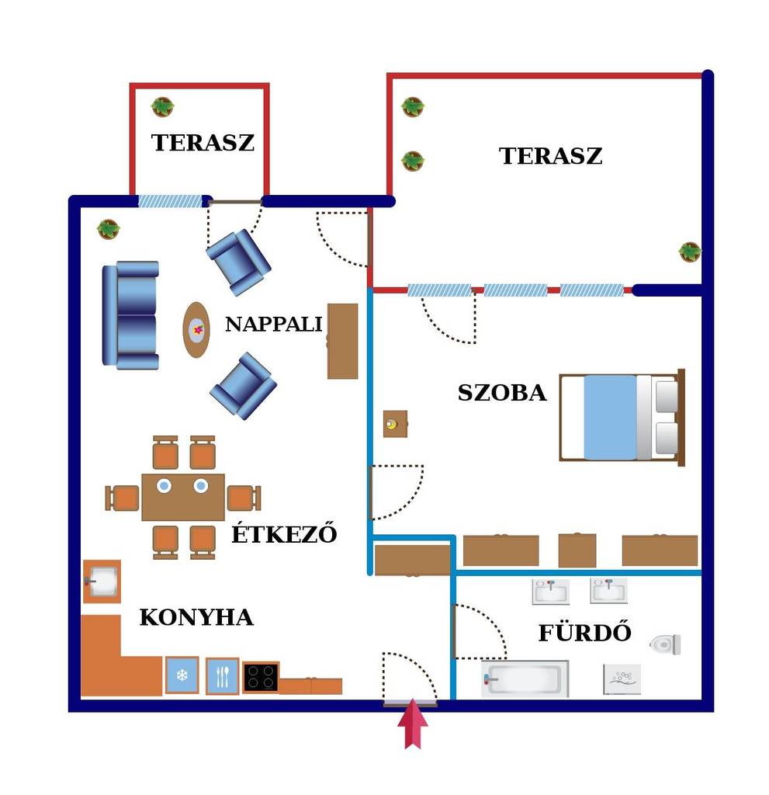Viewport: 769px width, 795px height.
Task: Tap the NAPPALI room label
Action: click(274, 325)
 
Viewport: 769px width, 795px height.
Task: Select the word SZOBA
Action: click(502, 393)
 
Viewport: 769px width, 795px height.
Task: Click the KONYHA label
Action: click(196, 617)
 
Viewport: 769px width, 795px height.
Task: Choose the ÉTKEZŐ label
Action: click(284, 533)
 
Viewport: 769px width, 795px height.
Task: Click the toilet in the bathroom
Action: click(665, 644)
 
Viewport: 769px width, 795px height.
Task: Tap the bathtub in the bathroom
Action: click(525, 679)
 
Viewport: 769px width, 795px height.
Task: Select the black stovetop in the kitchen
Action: click(261, 677)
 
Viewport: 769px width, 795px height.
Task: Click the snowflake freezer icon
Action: click(182, 675)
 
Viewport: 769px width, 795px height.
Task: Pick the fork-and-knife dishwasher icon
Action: click(222, 676)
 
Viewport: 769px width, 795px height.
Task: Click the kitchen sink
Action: click(102, 581)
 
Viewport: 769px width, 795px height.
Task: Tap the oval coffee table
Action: click(196, 329)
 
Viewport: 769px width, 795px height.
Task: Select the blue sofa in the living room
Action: click(131, 315)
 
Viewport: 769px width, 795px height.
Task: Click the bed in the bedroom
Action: click(622, 417)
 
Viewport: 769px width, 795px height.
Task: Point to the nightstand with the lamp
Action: click(395, 424)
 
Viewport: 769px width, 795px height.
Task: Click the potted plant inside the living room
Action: click(109, 229)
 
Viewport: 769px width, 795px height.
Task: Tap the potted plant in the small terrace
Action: click(162, 107)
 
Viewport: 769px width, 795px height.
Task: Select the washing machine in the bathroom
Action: click(622, 679)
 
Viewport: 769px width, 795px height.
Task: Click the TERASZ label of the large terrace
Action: click(550, 155)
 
